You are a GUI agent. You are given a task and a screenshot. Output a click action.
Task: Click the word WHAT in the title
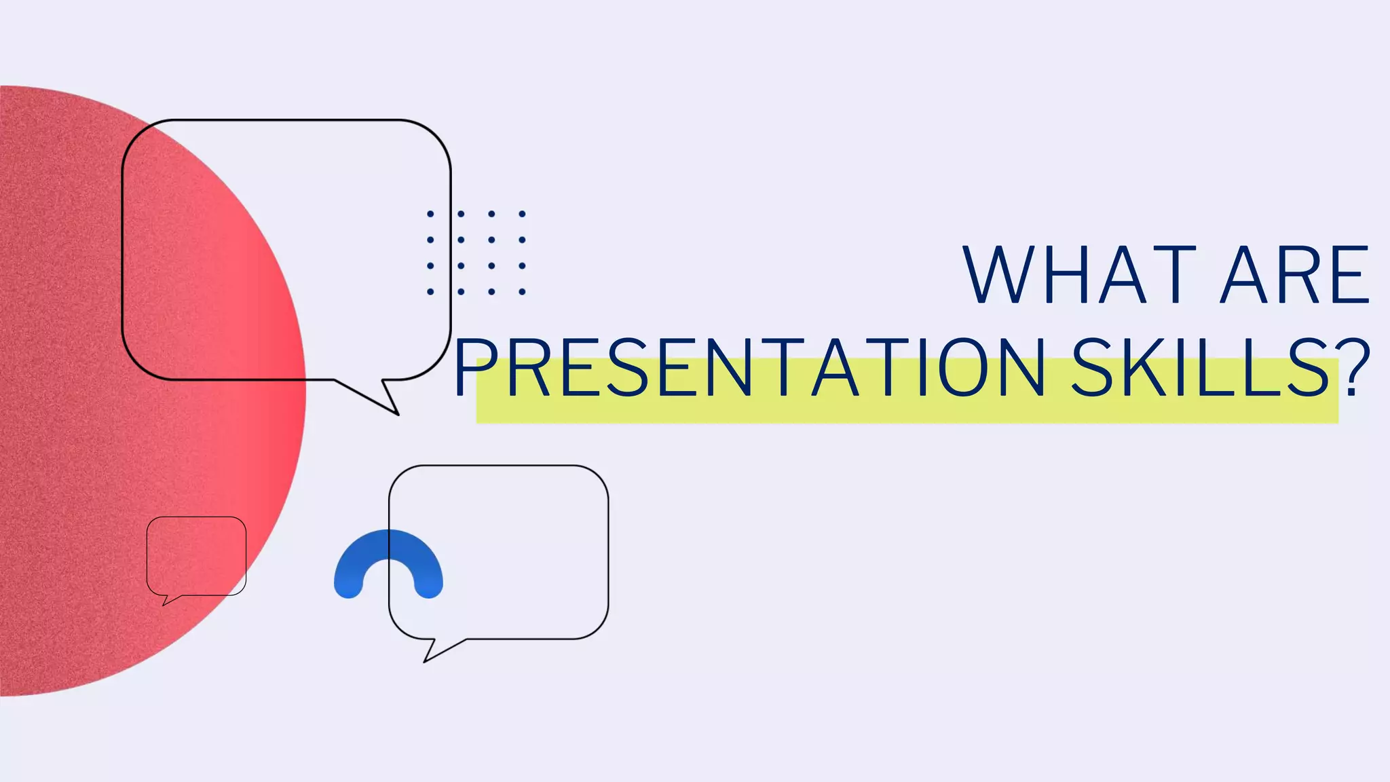point(1079,275)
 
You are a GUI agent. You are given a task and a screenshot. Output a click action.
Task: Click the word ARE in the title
point(1295,275)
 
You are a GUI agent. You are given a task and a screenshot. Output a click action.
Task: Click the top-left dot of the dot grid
point(430,214)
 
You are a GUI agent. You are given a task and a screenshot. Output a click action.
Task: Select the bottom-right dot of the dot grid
point(522,292)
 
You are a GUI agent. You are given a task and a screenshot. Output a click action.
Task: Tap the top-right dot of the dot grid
point(522,214)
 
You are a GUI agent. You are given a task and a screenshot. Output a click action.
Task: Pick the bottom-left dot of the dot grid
point(430,292)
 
